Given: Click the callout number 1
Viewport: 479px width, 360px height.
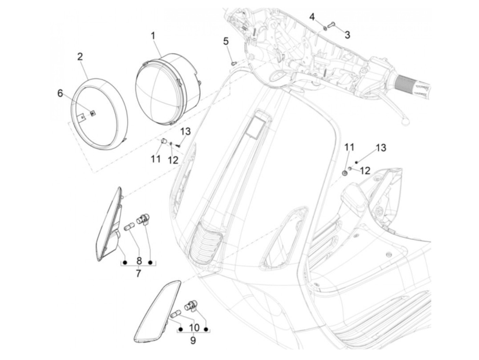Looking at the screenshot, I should click(x=153, y=35).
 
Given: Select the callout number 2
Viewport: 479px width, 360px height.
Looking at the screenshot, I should click(x=80, y=56).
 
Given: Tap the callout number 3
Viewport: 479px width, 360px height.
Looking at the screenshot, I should click(x=347, y=35).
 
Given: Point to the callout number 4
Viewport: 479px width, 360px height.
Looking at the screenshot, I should click(x=312, y=16).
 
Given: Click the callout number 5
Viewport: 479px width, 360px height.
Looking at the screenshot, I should click(x=226, y=41).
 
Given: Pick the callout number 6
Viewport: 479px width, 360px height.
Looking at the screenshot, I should click(x=60, y=93).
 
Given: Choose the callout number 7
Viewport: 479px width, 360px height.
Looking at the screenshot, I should click(x=138, y=273).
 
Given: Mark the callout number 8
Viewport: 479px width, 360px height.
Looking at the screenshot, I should click(x=139, y=261).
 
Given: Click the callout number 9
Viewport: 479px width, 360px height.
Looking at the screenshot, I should click(x=193, y=340).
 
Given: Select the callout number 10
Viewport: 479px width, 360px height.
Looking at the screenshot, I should click(x=194, y=328).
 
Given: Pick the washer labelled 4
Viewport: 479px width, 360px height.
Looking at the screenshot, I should click(x=325, y=27).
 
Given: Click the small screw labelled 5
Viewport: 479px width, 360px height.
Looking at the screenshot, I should click(x=234, y=63).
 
